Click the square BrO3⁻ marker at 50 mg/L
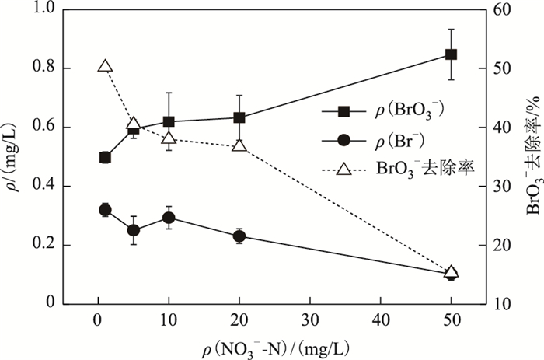(x=451, y=54)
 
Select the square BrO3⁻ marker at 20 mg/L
(x=239, y=117)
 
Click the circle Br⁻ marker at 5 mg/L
(x=133, y=230)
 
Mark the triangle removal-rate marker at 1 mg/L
(x=105, y=67)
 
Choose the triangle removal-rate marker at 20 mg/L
(x=239, y=145)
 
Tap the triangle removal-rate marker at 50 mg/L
(x=451, y=272)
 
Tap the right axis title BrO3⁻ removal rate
(x=533, y=156)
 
